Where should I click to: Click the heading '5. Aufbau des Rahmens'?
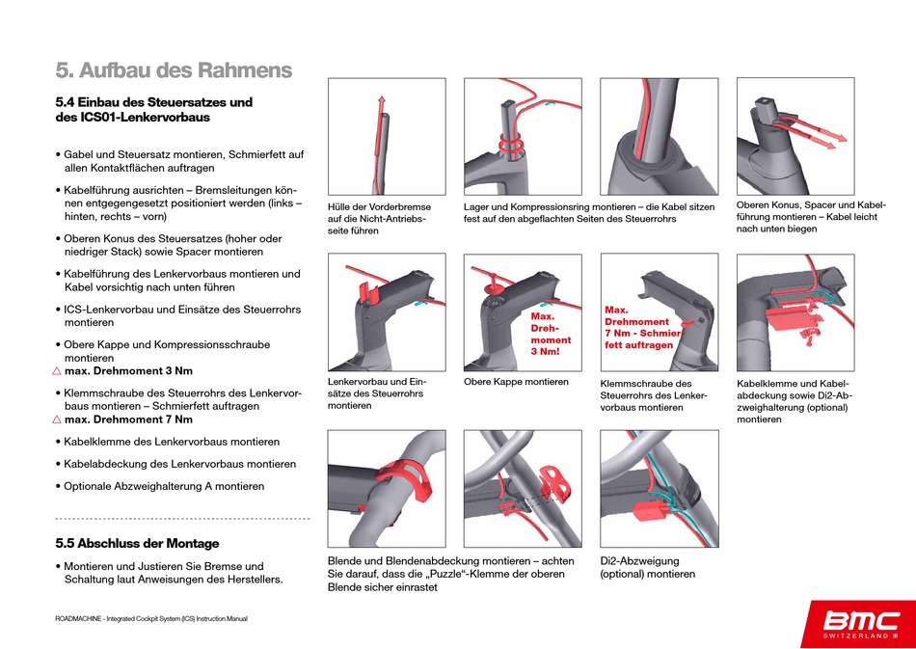(174, 70)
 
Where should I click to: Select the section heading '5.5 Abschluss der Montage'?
(137, 543)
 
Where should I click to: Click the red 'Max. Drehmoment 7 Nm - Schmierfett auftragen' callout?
(641, 327)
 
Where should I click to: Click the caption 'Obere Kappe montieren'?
(516, 382)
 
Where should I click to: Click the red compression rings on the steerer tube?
(510, 143)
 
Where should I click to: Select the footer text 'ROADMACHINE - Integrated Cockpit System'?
(151, 618)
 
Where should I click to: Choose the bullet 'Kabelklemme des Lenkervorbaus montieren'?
(172, 442)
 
